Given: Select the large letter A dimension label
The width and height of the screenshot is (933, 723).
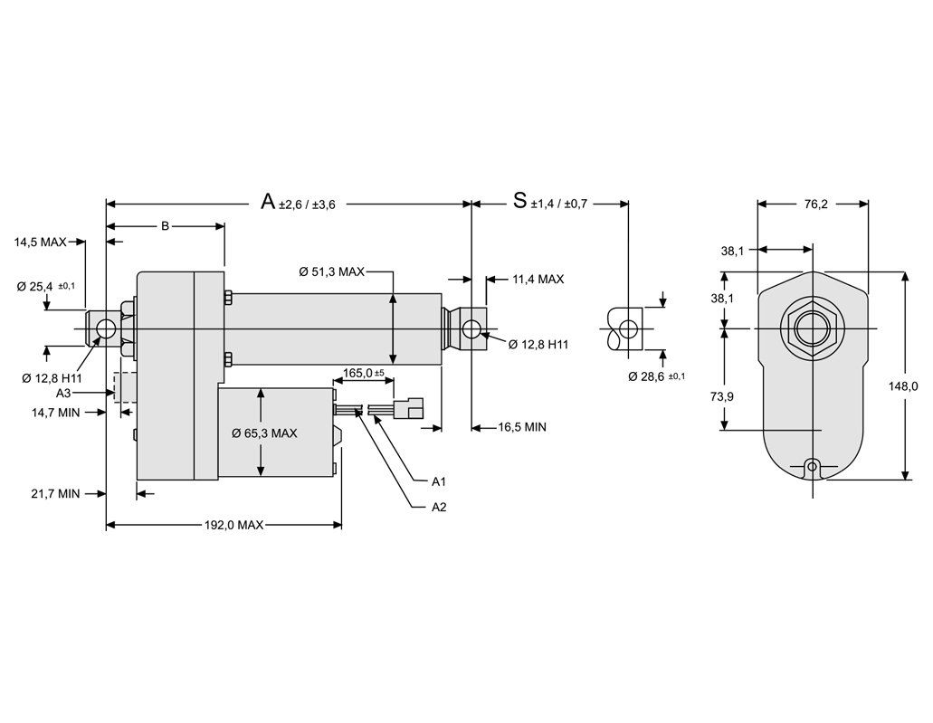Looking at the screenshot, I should pyautogui.click(x=268, y=201).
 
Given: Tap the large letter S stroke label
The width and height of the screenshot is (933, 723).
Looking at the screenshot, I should pyautogui.click(x=519, y=201).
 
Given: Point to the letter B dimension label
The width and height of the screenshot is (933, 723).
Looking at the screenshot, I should pyautogui.click(x=165, y=225).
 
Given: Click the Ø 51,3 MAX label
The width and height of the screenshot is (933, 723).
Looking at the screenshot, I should pyautogui.click(x=332, y=271).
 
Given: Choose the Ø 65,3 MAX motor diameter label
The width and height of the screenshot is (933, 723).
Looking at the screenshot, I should pyautogui.click(x=264, y=433).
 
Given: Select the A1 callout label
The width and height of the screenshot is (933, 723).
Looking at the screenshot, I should pyautogui.click(x=439, y=480).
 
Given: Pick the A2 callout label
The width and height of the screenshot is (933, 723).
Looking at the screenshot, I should pyautogui.click(x=439, y=507).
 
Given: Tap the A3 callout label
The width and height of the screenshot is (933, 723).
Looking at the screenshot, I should pyautogui.click(x=63, y=394).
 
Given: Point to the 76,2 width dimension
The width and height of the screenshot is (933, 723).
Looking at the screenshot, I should pyautogui.click(x=813, y=205).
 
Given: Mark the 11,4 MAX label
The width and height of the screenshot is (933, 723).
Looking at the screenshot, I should pyautogui.click(x=538, y=280).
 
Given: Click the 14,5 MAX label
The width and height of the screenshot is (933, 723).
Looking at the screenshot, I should pyautogui.click(x=40, y=243).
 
